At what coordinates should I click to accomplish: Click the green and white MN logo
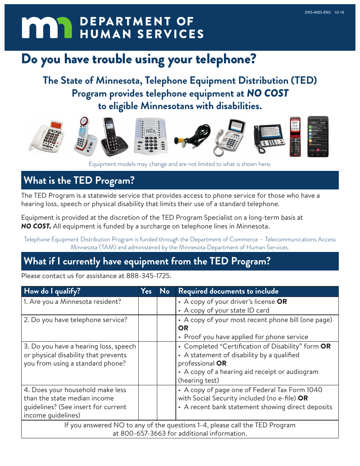tap(47, 28)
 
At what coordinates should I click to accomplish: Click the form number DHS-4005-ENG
tap(318, 13)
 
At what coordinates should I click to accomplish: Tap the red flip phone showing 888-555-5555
tap(295, 136)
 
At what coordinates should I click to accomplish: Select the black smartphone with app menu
tap(318, 136)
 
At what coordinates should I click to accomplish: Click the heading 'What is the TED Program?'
tap(79, 181)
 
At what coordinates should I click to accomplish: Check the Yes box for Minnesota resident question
tap(147, 306)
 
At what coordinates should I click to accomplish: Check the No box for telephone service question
tap(166, 328)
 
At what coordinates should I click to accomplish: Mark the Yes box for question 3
tap(147, 363)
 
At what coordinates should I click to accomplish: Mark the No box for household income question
tap(166, 402)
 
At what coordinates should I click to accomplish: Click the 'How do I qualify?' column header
tap(52, 291)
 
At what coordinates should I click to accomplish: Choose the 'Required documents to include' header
tap(228, 291)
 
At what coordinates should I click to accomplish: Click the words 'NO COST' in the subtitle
tap(268, 93)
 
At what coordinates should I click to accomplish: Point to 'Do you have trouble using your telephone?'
tap(139, 59)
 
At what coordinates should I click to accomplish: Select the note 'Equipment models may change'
tap(180, 164)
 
